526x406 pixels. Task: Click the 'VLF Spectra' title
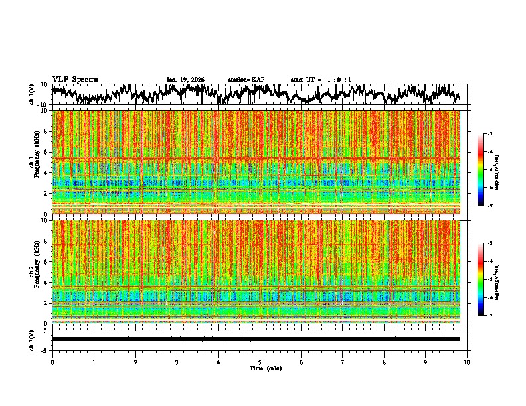75,80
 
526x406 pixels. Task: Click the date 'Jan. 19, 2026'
185,80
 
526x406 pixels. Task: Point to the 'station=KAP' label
246,80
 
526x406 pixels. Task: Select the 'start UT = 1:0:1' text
321,80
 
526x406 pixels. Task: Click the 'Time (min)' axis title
260,368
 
